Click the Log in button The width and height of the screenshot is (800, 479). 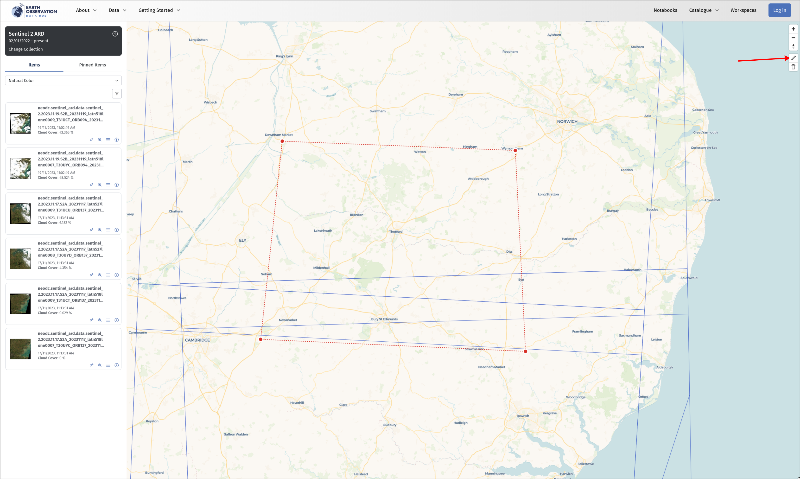pos(779,10)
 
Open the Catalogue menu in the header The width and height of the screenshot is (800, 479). pos(704,10)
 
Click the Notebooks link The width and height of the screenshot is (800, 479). pos(665,10)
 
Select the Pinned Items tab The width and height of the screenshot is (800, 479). pos(92,65)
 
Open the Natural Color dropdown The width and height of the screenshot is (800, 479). pos(63,80)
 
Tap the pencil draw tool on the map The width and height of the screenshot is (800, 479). pos(793,58)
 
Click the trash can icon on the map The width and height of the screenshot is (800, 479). pos(793,67)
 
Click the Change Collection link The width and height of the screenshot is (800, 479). pos(25,49)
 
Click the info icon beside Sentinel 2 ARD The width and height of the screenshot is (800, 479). pos(115,34)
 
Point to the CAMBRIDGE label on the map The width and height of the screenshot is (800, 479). pos(197,340)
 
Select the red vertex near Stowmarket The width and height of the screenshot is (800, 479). pos(525,351)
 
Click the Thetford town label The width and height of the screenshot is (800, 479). pos(396,232)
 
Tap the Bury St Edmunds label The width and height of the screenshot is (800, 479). pos(384,319)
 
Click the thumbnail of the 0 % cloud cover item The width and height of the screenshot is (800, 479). pos(20,349)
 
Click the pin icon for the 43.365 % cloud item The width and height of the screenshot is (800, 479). pos(92,140)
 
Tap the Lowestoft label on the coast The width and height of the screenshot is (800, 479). pos(712,200)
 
